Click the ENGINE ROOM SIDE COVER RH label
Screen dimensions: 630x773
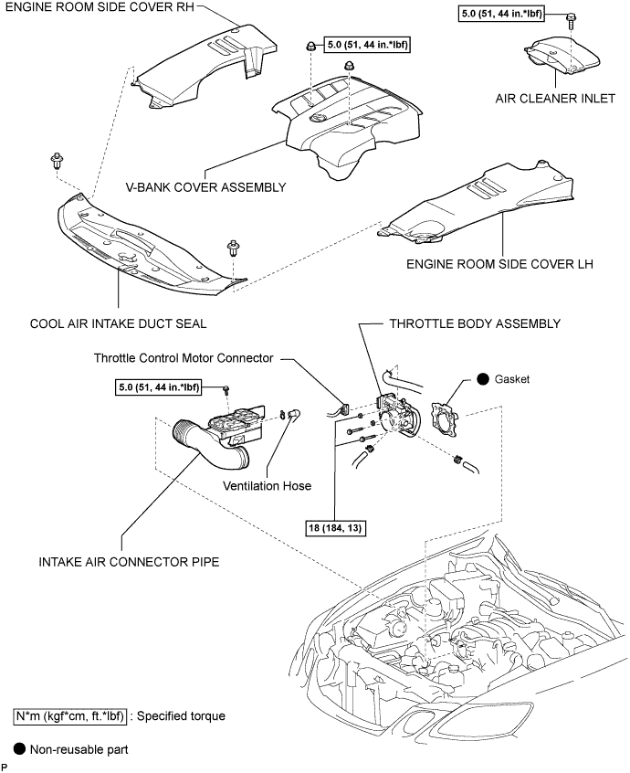(x=100, y=7)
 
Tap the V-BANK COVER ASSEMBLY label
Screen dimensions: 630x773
(x=206, y=187)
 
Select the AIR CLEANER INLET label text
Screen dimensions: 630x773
(x=555, y=99)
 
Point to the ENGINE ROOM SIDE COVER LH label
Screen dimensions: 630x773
(x=499, y=264)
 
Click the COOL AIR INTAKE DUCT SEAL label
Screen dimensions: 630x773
(x=118, y=323)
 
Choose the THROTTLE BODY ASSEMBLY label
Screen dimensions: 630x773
(x=476, y=323)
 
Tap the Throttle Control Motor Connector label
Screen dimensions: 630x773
(x=184, y=358)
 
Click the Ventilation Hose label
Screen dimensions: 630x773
(x=267, y=486)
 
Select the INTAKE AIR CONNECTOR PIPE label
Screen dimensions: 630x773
(x=129, y=562)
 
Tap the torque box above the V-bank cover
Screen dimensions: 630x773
(x=367, y=45)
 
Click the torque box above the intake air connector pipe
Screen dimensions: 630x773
(x=159, y=387)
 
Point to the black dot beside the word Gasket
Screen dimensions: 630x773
(x=483, y=379)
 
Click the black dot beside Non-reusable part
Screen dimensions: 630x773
(x=20, y=749)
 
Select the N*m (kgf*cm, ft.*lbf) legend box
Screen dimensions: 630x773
(x=69, y=715)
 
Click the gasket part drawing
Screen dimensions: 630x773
(x=446, y=419)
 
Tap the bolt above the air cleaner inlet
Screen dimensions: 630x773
(x=572, y=19)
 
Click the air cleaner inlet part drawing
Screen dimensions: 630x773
(x=562, y=56)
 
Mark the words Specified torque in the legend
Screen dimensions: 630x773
(x=182, y=715)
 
